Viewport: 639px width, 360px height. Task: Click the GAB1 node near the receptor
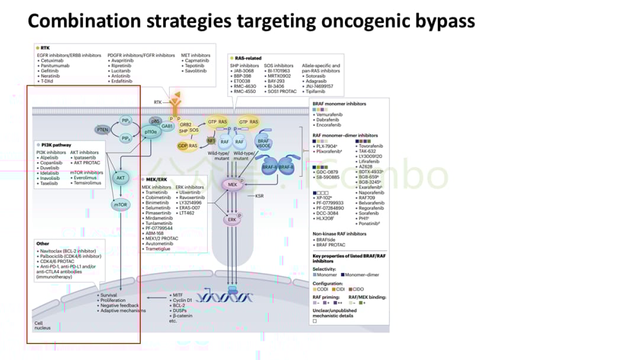tap(167, 126)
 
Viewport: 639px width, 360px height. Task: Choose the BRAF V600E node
tap(263, 137)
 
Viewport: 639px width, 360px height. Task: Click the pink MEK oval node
tap(232, 185)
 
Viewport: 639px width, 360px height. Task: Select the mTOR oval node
tap(120, 205)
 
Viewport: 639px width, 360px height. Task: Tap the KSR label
tap(260, 195)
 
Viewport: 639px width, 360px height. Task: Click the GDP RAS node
tap(188, 146)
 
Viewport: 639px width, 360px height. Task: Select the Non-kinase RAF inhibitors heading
tap(339, 234)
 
